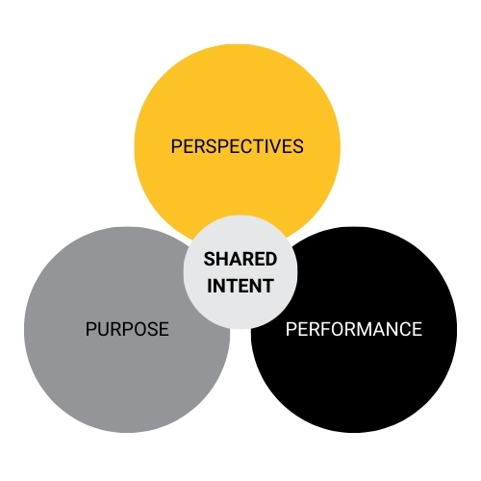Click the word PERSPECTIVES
(238, 146)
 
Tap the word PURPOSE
(127, 329)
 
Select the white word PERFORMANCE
(354, 329)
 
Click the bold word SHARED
(240, 259)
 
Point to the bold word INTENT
(240, 286)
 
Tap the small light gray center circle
(240, 272)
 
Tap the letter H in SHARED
(222, 259)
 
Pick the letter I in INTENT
(210, 286)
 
